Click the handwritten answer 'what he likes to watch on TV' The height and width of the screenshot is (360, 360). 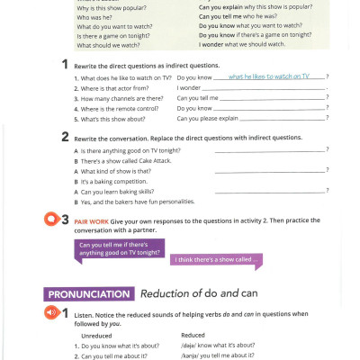269,77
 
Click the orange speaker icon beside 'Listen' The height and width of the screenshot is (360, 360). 52,312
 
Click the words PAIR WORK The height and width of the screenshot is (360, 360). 92,220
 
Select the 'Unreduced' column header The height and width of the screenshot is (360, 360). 97,335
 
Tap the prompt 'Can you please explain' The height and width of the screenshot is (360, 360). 208,117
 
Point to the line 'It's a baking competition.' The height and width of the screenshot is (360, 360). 120,180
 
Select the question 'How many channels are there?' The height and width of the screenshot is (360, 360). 120,97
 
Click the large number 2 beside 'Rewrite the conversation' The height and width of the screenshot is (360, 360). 64,137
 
